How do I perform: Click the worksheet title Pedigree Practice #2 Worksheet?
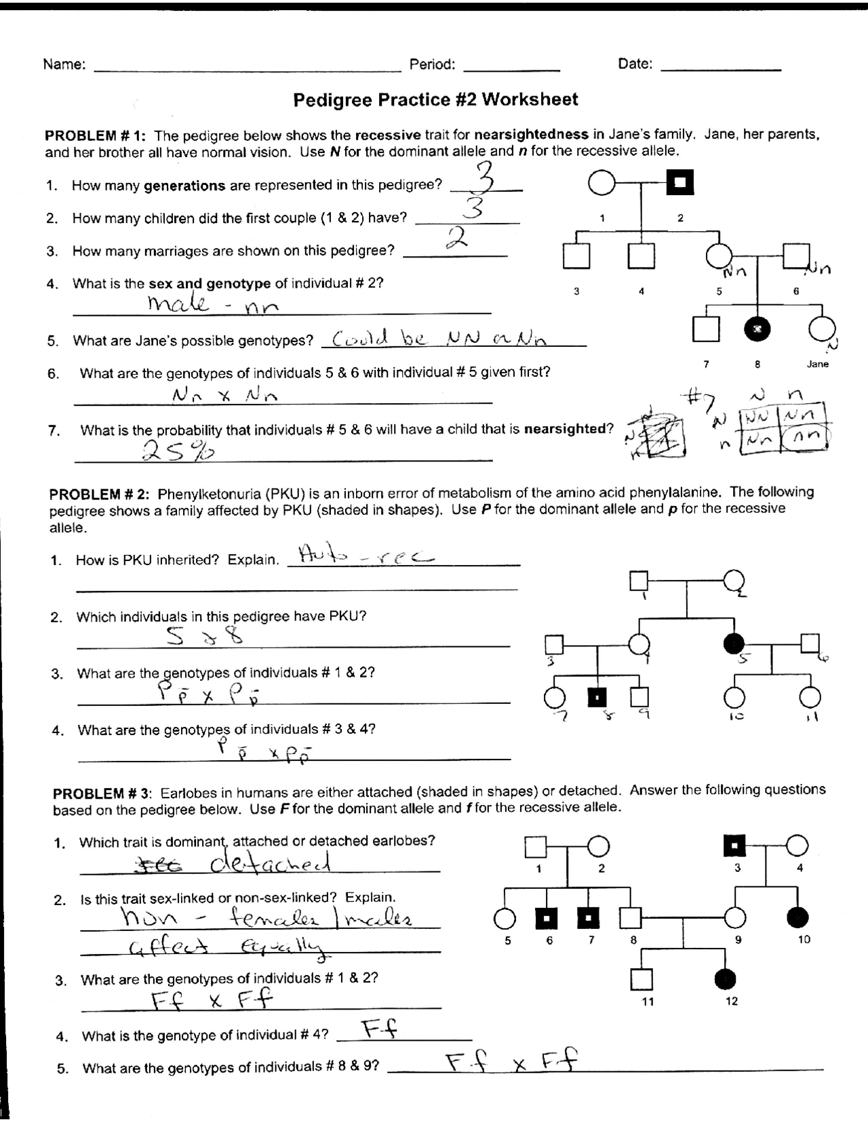point(435,100)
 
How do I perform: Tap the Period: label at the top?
point(432,64)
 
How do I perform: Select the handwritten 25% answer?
point(177,450)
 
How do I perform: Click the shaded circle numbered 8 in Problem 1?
point(757,329)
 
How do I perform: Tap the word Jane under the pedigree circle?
point(818,364)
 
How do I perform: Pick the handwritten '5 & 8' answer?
point(203,636)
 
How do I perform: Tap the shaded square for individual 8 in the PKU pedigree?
point(597,697)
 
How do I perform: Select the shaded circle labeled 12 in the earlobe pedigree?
point(726,978)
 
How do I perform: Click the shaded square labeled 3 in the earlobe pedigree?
point(735,846)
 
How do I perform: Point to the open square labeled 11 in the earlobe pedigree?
point(641,978)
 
